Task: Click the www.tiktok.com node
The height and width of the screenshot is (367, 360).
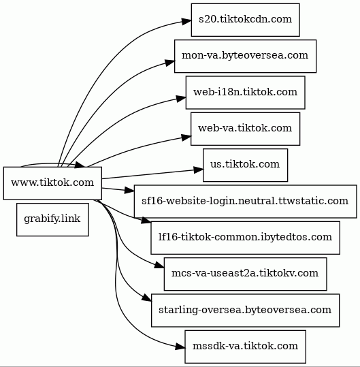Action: pos(52,183)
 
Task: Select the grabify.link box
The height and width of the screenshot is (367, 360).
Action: pos(52,219)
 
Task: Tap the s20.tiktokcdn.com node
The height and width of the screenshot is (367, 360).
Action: pos(246,20)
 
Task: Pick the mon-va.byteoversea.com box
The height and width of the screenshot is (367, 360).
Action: pos(245,56)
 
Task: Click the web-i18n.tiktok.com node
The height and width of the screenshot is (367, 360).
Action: pos(246,93)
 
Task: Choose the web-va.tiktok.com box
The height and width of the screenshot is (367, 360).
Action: pos(245,129)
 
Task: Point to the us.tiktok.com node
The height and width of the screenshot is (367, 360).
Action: pos(245,165)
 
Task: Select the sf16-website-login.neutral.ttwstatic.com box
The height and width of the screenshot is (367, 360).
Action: pos(245,202)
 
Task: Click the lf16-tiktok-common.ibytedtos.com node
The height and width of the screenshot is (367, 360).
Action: pos(245,238)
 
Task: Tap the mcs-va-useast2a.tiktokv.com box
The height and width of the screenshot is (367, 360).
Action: pos(245,274)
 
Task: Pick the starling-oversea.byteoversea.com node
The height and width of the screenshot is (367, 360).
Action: pos(245,310)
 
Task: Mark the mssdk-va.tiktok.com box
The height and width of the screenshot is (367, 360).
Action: pos(245,347)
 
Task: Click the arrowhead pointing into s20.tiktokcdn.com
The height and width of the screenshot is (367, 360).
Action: pos(186,21)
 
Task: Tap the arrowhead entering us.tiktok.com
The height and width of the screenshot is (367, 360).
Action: pos(199,170)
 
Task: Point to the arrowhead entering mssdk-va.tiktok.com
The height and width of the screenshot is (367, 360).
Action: pos(180,347)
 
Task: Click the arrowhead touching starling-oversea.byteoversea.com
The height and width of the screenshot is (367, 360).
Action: pos(147,298)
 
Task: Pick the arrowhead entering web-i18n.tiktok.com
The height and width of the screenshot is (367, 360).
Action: pos(181,98)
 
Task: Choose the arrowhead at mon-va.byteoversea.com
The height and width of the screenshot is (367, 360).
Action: pos(170,62)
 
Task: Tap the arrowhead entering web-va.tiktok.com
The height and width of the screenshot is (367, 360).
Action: pos(186,137)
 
